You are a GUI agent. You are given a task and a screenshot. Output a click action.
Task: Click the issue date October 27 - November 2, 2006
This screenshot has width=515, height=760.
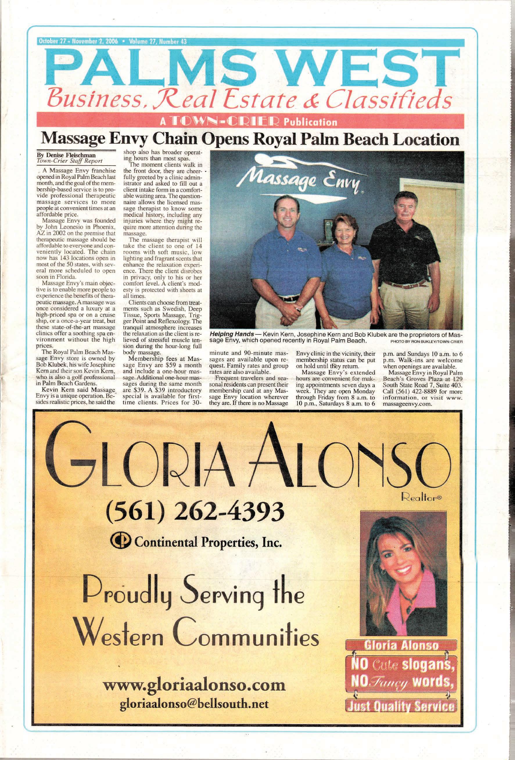click(x=78, y=42)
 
